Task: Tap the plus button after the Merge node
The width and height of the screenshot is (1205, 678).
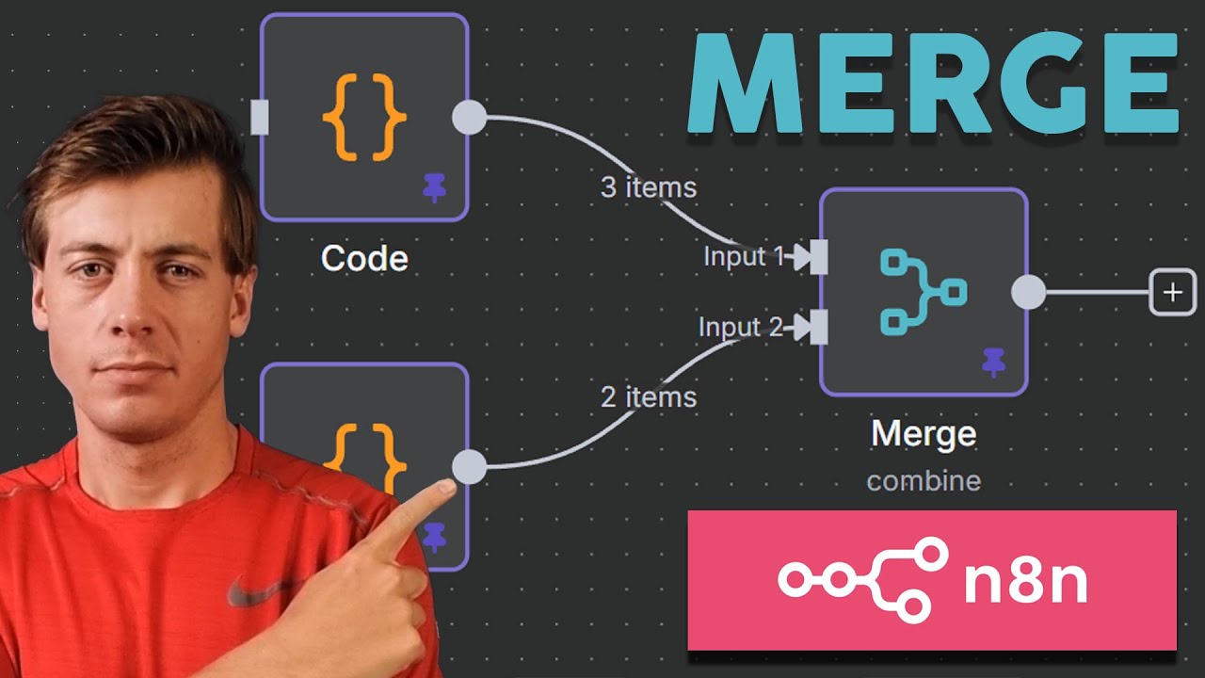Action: (x=1173, y=292)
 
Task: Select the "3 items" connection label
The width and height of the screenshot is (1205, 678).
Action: (x=649, y=187)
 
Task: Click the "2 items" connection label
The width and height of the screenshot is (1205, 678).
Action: (x=649, y=397)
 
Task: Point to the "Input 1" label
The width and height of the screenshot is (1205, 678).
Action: (x=744, y=255)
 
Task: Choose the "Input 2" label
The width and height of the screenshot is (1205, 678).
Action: (x=740, y=327)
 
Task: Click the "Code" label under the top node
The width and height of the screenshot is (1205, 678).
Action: (x=364, y=258)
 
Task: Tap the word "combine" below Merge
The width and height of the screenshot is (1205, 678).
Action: (x=924, y=481)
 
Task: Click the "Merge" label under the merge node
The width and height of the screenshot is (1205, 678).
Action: (x=924, y=434)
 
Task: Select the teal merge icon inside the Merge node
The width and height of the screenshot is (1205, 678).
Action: (x=924, y=292)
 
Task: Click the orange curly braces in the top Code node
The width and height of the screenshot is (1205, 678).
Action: (x=364, y=118)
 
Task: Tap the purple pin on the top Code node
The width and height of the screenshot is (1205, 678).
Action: (x=434, y=187)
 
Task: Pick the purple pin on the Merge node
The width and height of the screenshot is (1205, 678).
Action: (x=993, y=363)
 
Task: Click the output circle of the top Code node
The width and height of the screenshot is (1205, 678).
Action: (x=469, y=118)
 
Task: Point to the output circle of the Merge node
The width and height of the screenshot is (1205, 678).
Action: (x=1029, y=292)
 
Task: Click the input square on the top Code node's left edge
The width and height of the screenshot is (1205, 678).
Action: (x=260, y=118)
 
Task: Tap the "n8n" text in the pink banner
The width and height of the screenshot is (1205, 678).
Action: (x=1026, y=581)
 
